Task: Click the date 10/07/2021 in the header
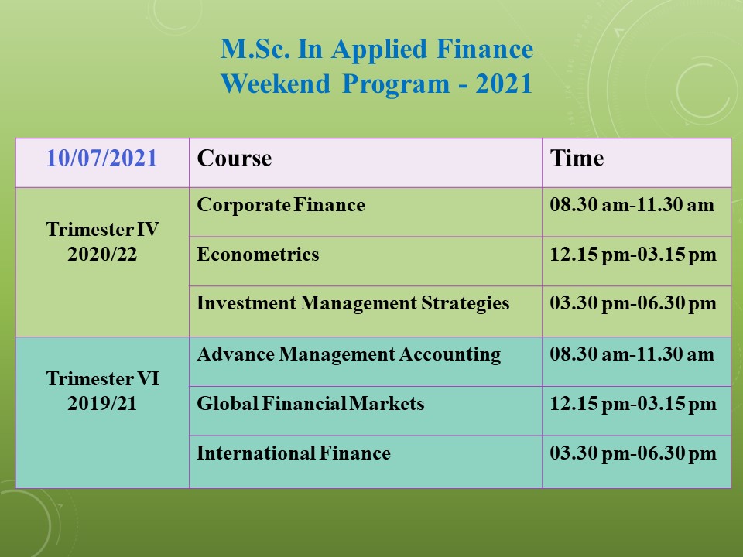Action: (101, 158)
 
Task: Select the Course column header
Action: (234, 158)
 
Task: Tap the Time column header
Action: (577, 158)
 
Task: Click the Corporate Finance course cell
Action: (281, 205)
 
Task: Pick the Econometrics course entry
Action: (258, 255)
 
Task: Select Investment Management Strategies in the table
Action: (353, 303)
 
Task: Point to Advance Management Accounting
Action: (349, 354)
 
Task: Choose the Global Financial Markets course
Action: (310, 404)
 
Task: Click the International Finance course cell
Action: (294, 453)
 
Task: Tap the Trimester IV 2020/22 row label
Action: (102, 241)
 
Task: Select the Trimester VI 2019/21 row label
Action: (102, 391)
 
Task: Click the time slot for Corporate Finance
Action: (632, 205)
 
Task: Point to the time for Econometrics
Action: (633, 255)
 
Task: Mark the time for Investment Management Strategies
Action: (633, 303)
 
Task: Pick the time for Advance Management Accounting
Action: (632, 354)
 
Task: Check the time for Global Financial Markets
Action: (633, 404)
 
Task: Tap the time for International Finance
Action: (633, 453)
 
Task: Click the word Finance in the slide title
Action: (484, 49)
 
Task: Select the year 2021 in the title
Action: (504, 84)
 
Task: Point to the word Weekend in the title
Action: (276, 84)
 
